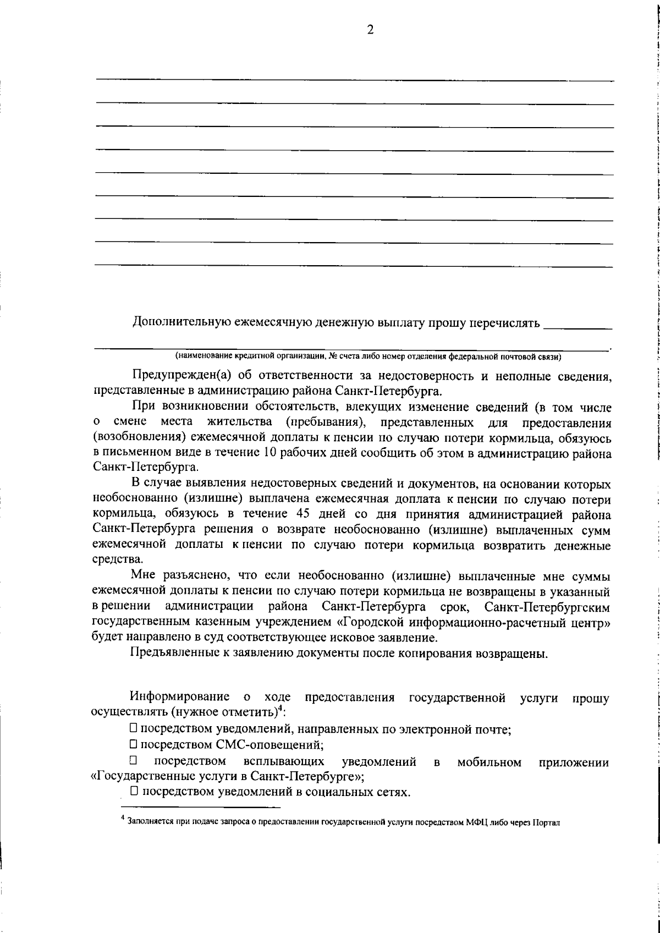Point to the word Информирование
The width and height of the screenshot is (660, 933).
(179, 698)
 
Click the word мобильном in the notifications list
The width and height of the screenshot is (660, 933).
(489, 762)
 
